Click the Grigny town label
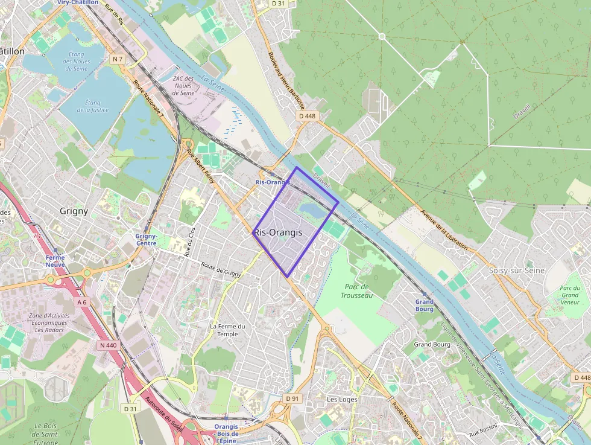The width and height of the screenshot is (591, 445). point(74,211)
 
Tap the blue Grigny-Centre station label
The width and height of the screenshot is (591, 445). point(147,240)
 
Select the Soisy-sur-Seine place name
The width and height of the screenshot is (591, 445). point(517,271)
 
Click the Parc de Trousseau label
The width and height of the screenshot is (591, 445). point(356,291)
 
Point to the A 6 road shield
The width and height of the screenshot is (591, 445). point(83,301)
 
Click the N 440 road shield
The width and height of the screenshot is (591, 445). point(109,345)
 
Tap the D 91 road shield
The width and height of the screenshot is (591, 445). point(292,399)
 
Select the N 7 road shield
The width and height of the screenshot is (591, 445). point(117,59)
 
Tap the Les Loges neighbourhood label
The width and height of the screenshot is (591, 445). point(342,399)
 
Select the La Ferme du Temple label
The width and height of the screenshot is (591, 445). point(227,330)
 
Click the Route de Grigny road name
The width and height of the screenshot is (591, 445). point(221,269)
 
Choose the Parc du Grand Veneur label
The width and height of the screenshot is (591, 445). point(569,295)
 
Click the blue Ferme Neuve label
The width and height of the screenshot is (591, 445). point(55,261)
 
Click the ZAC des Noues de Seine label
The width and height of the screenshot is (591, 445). point(182,86)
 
